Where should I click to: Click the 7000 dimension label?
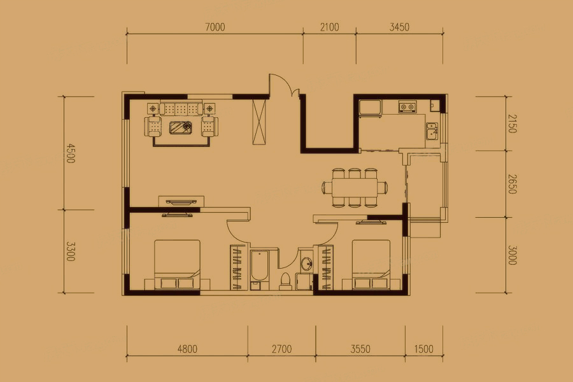[x=215, y=27]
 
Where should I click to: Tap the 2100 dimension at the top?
[x=330, y=27]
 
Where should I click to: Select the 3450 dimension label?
[x=399, y=27]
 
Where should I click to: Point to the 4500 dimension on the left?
[x=70, y=153]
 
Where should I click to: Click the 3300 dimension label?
[x=70, y=251]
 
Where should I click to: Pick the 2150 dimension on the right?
[x=512, y=124]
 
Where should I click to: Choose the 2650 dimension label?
[x=512, y=184]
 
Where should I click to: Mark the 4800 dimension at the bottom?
[x=187, y=349]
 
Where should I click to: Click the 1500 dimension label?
[x=424, y=349]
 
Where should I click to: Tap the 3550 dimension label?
[x=360, y=349]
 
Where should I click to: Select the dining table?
[x=355, y=188]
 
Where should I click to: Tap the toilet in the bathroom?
[x=285, y=281]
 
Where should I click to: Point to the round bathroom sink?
[x=306, y=263]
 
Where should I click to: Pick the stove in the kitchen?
[x=407, y=107]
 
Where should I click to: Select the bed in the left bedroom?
[x=177, y=265]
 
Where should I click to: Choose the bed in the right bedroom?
[x=371, y=265]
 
